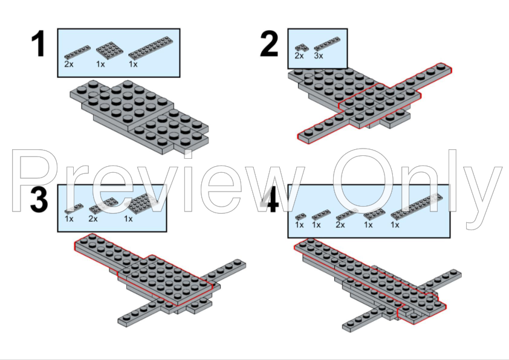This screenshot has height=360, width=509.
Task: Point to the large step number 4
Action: click(x=270, y=200)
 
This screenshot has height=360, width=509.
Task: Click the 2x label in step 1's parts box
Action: click(x=69, y=64)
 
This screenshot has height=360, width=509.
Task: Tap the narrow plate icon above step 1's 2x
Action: click(x=77, y=52)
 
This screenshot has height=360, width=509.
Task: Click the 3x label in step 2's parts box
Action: click(x=319, y=56)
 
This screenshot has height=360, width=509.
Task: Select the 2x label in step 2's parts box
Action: click(x=299, y=56)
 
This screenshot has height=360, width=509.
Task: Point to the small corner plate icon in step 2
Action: click(x=301, y=48)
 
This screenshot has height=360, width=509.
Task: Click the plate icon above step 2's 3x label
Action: click(x=327, y=45)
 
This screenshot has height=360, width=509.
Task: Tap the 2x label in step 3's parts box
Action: click(x=93, y=219)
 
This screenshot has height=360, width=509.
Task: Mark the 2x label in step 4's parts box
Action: click(x=340, y=225)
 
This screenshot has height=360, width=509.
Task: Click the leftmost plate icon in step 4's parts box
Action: click(x=300, y=217)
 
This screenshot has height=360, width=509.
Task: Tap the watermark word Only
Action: click(x=417, y=188)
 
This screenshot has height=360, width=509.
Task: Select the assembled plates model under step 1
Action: click(x=140, y=117)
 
